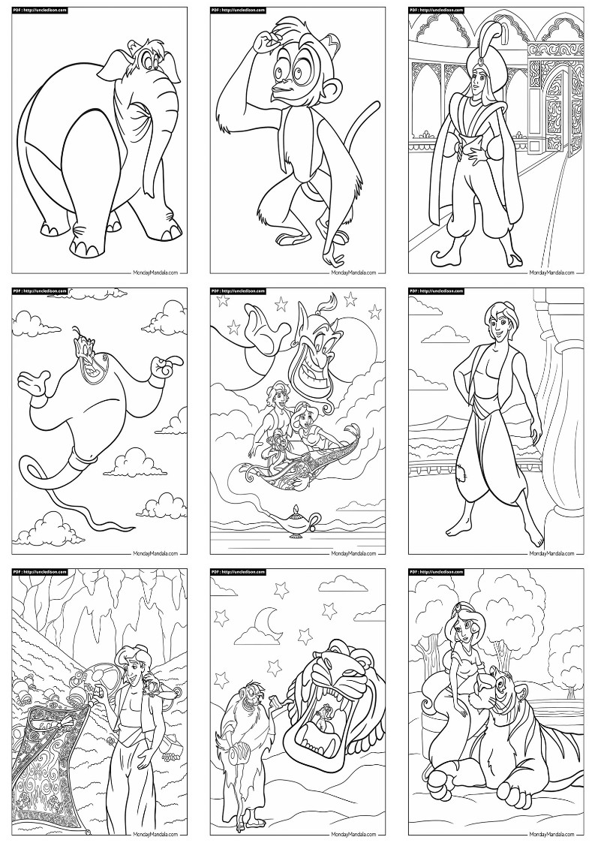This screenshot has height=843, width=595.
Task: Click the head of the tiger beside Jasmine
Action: pyautogui.click(x=497, y=694)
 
